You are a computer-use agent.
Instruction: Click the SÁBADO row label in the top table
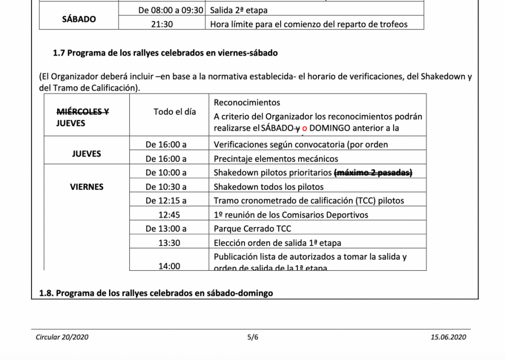coord(79,19)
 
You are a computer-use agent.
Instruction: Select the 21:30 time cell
coord(162,24)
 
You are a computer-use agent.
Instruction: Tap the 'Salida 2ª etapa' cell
coord(239,10)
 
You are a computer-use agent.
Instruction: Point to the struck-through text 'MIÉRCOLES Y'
coord(82,111)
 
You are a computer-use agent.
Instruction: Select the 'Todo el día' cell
coord(175,112)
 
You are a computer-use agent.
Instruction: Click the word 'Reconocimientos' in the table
coord(247,103)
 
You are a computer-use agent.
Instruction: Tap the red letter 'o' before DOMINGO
coord(304,128)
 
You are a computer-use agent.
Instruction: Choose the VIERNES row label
coord(86,187)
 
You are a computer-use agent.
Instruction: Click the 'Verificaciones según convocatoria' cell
coord(301,145)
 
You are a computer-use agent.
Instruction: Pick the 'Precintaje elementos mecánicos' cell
coord(276,159)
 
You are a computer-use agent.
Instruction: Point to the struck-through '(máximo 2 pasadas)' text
coord(373,173)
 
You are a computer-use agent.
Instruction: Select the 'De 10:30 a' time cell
coord(166,187)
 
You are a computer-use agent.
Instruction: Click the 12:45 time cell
coord(169,215)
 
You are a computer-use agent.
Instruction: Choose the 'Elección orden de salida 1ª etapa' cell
coord(277,243)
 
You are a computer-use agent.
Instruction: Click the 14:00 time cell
coord(169,266)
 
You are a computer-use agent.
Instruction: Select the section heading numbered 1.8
coord(156,293)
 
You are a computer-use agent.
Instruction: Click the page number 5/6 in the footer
coord(252,337)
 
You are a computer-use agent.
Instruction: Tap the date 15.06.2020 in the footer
coord(448,337)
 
